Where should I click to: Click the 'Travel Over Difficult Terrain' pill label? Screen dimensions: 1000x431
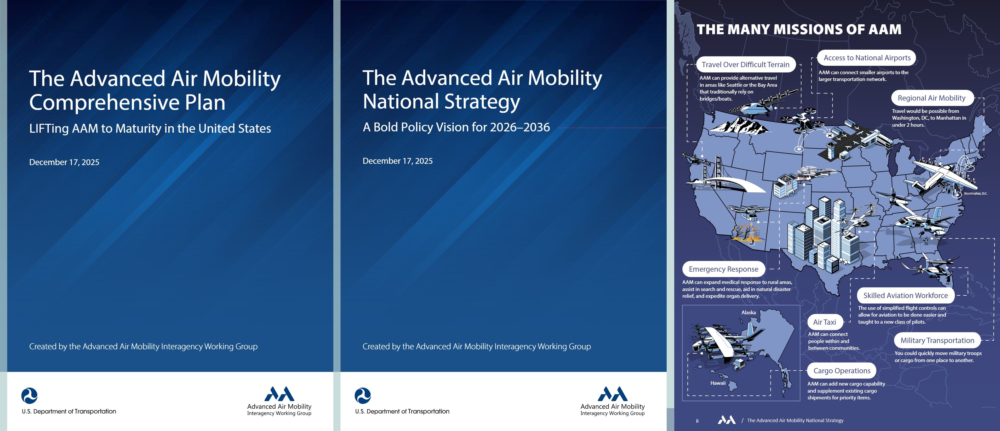[746, 65]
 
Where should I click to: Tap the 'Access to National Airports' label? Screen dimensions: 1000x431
[867, 58]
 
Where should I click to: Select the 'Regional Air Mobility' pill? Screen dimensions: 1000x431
[931, 98]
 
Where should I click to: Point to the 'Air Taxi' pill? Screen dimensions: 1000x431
[825, 322]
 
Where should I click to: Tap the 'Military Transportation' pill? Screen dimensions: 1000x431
[937, 340]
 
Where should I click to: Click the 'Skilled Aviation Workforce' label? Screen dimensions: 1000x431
[905, 295]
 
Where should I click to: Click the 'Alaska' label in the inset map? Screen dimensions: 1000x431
[748, 312]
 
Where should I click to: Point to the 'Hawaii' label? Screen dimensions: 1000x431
[718, 383]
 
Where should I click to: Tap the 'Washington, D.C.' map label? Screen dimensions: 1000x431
[975, 193]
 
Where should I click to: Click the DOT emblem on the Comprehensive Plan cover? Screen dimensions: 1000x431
[30, 396]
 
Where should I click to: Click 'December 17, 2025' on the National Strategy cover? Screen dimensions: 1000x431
[397, 161]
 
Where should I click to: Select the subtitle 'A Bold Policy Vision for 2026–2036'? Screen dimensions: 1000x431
[456, 127]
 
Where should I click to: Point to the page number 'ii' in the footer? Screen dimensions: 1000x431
[697, 421]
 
